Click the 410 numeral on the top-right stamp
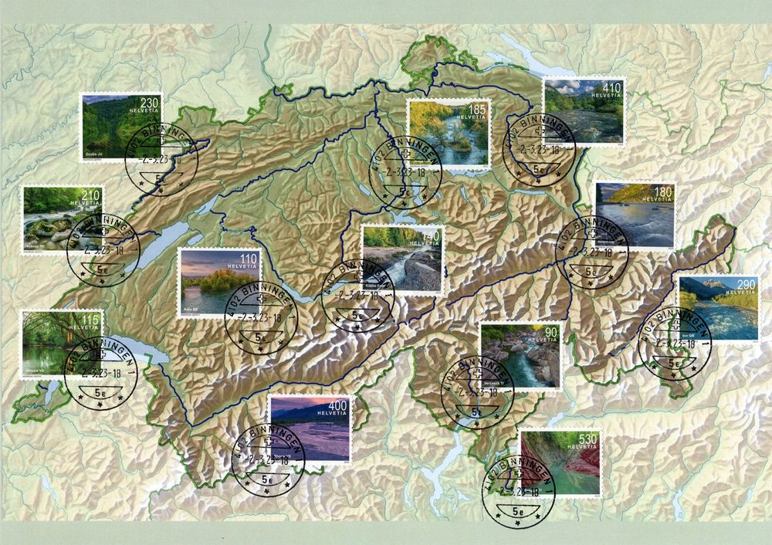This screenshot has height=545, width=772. coord(611,87)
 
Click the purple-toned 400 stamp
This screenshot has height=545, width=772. coord(309,428)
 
